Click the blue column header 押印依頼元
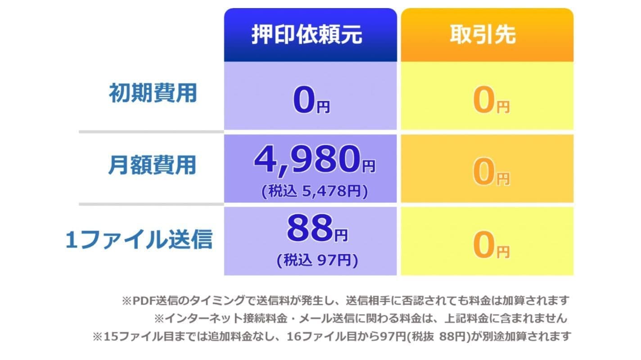coord(307,35)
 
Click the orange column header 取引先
coord(483,35)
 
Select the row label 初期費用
coord(153,93)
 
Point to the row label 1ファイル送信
coord(139,239)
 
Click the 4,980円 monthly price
coord(315,159)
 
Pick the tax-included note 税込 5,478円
coord(315,191)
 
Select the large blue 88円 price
coord(317,228)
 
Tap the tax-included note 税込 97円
coord(317,260)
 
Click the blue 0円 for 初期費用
coord(311,100)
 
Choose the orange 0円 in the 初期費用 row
coord(491,100)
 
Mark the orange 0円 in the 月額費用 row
coord(491,172)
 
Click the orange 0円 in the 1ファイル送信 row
coord(491,245)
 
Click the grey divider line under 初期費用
coord(151,132)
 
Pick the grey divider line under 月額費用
coord(151,204)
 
